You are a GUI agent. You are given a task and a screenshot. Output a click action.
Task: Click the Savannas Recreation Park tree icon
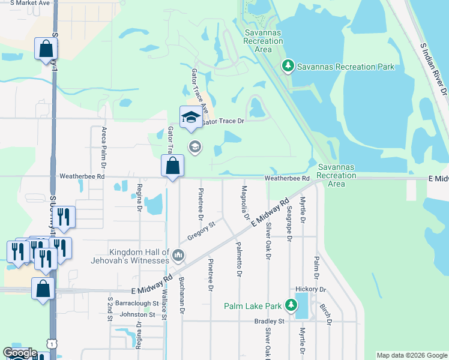coord(288,65)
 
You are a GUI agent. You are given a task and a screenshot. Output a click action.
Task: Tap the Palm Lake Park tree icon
coord(291,305)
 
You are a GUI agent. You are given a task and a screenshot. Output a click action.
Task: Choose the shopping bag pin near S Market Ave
coord(46,49)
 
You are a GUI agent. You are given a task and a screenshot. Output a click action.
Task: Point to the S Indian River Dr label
coord(434,69)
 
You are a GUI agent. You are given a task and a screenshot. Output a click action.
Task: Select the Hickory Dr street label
coord(312,289)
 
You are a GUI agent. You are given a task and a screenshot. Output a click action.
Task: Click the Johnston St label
coord(137,314)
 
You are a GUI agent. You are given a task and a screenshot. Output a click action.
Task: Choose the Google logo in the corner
coord(20,353)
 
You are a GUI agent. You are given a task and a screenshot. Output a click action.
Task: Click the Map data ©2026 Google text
coord(411,355)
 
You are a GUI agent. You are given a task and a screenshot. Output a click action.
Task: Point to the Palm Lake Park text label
coord(253,306)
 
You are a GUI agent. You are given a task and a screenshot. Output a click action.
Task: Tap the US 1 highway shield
coord(53,343)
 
